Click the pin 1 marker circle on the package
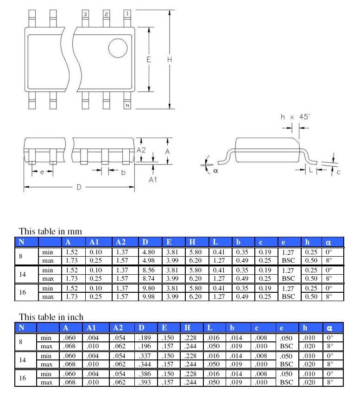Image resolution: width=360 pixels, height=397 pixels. pyautogui.click(x=118, y=48)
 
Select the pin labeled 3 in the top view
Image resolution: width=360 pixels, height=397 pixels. pyautogui.click(x=85, y=14)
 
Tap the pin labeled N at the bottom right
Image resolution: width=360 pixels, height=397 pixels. pyautogui.click(x=127, y=105)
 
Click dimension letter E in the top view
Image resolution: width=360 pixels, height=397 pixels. pyautogui.click(x=148, y=59)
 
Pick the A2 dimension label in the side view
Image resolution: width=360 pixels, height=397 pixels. pyautogui.click(x=142, y=150)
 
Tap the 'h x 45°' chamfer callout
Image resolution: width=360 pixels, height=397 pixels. pyautogui.click(x=295, y=117)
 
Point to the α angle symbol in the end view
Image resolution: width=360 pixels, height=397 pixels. pyautogui.click(x=215, y=170)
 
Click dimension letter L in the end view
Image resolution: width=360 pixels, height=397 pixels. pyautogui.click(x=310, y=170)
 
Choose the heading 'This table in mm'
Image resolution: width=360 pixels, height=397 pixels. pyautogui.click(x=50, y=231)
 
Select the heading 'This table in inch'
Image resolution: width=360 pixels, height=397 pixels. pyautogui.click(x=51, y=317)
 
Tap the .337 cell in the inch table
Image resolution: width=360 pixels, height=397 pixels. pyautogui.click(x=145, y=356)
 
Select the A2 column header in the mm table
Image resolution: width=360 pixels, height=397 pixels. pyautogui.click(x=120, y=242)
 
